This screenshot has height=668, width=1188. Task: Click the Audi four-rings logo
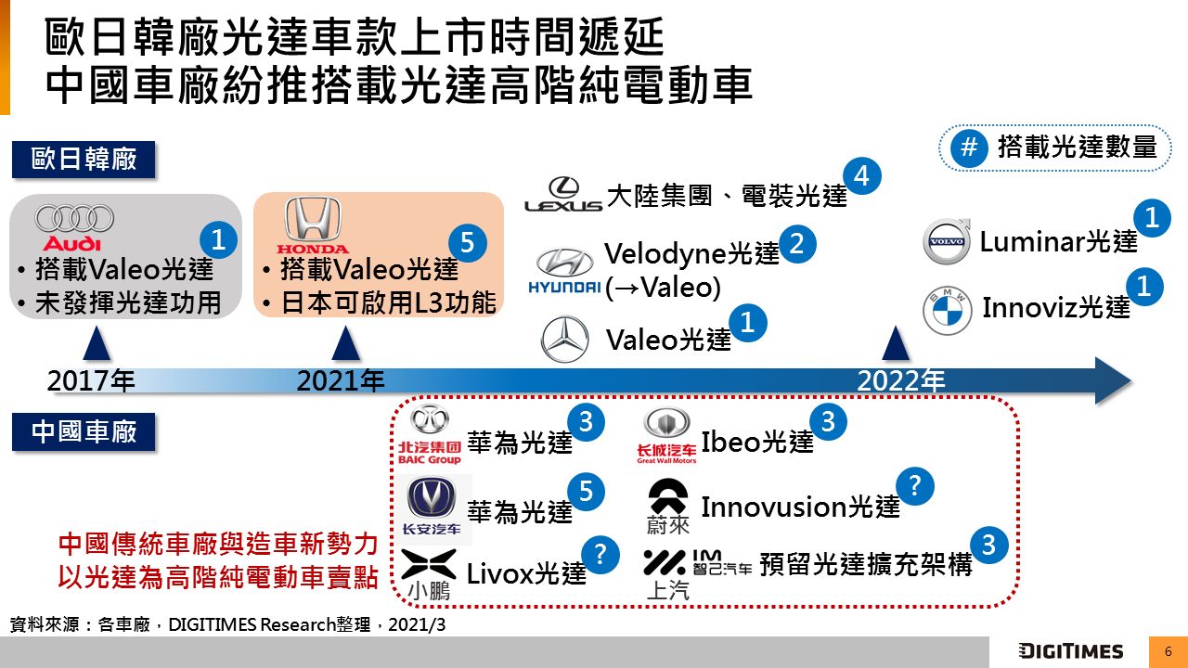pos(74,227)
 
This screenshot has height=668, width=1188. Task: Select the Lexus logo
pos(563,194)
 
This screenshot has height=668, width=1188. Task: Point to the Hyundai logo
pos(564,270)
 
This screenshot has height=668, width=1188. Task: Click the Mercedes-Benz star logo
pos(565,339)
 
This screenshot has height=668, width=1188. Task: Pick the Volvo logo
pos(948,240)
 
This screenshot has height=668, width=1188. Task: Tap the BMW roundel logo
pos(948,311)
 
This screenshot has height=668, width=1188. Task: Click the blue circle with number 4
pos(862,176)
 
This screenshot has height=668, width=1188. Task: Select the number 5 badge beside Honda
pos(467,243)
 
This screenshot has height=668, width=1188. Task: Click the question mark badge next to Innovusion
pos(915,486)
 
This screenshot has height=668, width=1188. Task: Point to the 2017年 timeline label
pos(91,380)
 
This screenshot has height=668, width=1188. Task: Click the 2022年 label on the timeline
pos(901,380)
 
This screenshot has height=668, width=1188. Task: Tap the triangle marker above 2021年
pos(346,343)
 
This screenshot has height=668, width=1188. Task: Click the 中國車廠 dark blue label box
pos(84,431)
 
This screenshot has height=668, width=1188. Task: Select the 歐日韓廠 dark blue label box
pos(84,159)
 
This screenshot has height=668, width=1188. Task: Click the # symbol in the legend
pos(968,147)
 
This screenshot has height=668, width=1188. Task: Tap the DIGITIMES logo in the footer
pos(1071,651)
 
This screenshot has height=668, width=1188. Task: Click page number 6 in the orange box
pos(1169,652)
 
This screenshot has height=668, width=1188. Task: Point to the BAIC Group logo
pos(430,436)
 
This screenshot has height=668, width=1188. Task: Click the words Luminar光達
pos(1059,242)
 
